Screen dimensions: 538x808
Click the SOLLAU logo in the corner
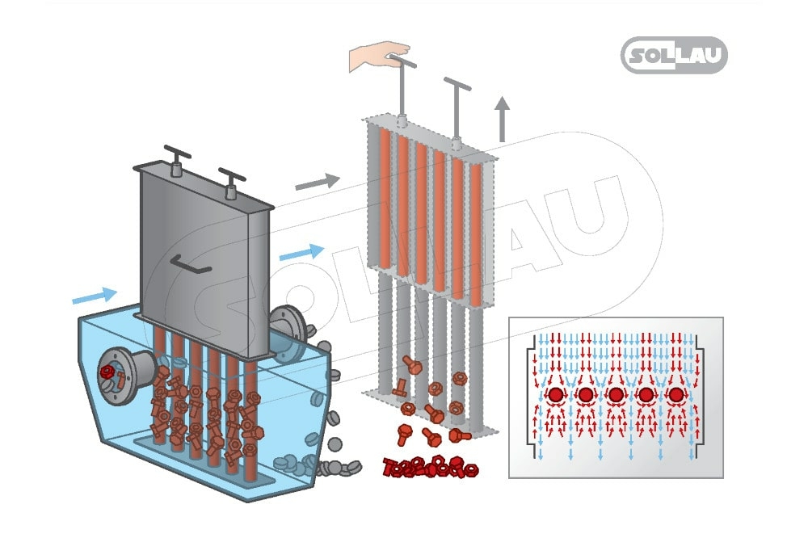tap(674, 56)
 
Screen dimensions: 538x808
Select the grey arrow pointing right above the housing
tap(317, 183)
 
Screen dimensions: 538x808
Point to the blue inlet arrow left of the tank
tap(94, 296)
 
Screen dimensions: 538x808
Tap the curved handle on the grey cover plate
tap(191, 264)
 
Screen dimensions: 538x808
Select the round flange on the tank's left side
tap(116, 373)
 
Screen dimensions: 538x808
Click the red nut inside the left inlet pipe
tap(107, 372)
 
